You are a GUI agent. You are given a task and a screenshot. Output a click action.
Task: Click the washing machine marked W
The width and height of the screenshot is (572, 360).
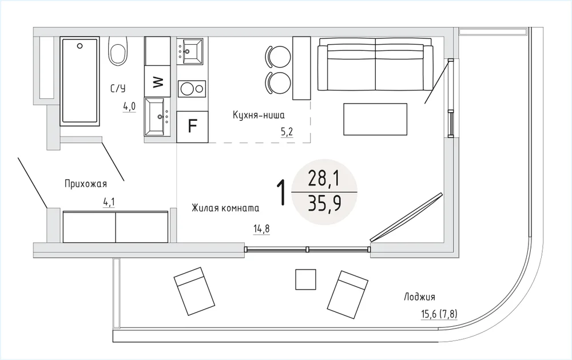[158, 81]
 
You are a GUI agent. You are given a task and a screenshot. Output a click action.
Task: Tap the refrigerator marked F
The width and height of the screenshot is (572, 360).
[192, 126]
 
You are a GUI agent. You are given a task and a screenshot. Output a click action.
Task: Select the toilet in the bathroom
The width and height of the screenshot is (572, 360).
[118, 51]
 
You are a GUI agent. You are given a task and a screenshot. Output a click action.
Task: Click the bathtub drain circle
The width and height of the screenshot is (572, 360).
[80, 46]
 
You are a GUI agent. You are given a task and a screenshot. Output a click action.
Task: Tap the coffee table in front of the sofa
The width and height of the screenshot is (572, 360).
[375, 119]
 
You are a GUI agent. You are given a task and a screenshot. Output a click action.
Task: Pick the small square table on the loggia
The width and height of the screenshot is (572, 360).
[305, 279]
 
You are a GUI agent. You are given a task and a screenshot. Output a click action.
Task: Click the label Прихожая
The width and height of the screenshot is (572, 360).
[86, 183]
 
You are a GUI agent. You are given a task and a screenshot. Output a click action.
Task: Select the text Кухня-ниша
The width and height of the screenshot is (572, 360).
[259, 115]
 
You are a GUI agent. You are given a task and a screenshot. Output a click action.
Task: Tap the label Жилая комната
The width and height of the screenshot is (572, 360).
[225, 208]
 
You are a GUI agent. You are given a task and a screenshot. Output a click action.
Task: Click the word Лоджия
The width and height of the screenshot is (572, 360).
[419, 297]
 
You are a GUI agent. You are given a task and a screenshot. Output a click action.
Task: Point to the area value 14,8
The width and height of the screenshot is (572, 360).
[261, 228]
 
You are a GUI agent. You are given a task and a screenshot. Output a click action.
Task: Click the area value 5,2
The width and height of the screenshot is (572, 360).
[287, 132]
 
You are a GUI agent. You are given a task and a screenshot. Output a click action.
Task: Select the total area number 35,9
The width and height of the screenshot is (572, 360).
[325, 203]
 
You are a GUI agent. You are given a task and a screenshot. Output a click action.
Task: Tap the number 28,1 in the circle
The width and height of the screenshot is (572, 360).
[324, 179]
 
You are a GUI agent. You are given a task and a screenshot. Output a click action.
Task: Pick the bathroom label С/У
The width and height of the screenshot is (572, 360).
[118, 88]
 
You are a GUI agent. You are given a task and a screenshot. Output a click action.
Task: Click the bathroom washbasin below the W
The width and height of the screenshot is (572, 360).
[157, 117]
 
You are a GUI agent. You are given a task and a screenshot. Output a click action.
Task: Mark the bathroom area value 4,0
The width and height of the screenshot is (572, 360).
[129, 106]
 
